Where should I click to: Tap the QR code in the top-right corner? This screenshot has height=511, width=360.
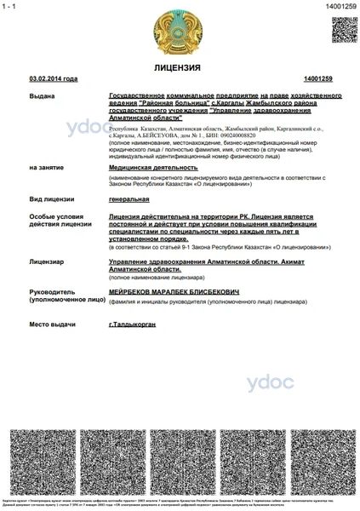344,29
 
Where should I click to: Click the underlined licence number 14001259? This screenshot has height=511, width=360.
317,78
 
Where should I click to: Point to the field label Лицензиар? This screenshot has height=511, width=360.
47,262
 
